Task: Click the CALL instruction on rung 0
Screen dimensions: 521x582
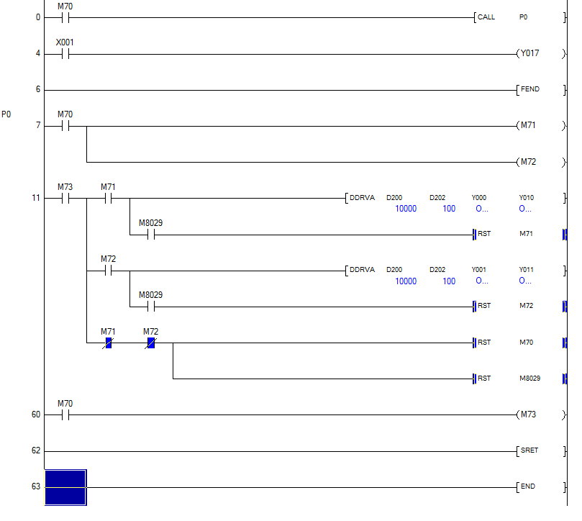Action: (x=486, y=17)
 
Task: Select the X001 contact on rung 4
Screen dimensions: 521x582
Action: (x=65, y=54)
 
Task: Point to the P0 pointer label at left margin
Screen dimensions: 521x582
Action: (x=6, y=114)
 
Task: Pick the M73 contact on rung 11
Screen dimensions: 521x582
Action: (x=65, y=199)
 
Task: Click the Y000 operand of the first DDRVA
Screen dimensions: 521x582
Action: (x=479, y=198)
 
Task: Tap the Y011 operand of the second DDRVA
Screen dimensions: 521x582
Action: (x=527, y=270)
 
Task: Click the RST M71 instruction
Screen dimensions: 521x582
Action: (x=504, y=234)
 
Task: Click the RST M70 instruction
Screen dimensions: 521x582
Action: (x=504, y=343)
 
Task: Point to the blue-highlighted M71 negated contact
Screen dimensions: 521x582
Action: (x=108, y=343)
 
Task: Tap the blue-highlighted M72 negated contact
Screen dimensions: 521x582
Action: (x=151, y=343)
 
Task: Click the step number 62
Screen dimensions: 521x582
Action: (x=36, y=451)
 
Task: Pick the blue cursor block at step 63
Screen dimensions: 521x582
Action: (x=65, y=487)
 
